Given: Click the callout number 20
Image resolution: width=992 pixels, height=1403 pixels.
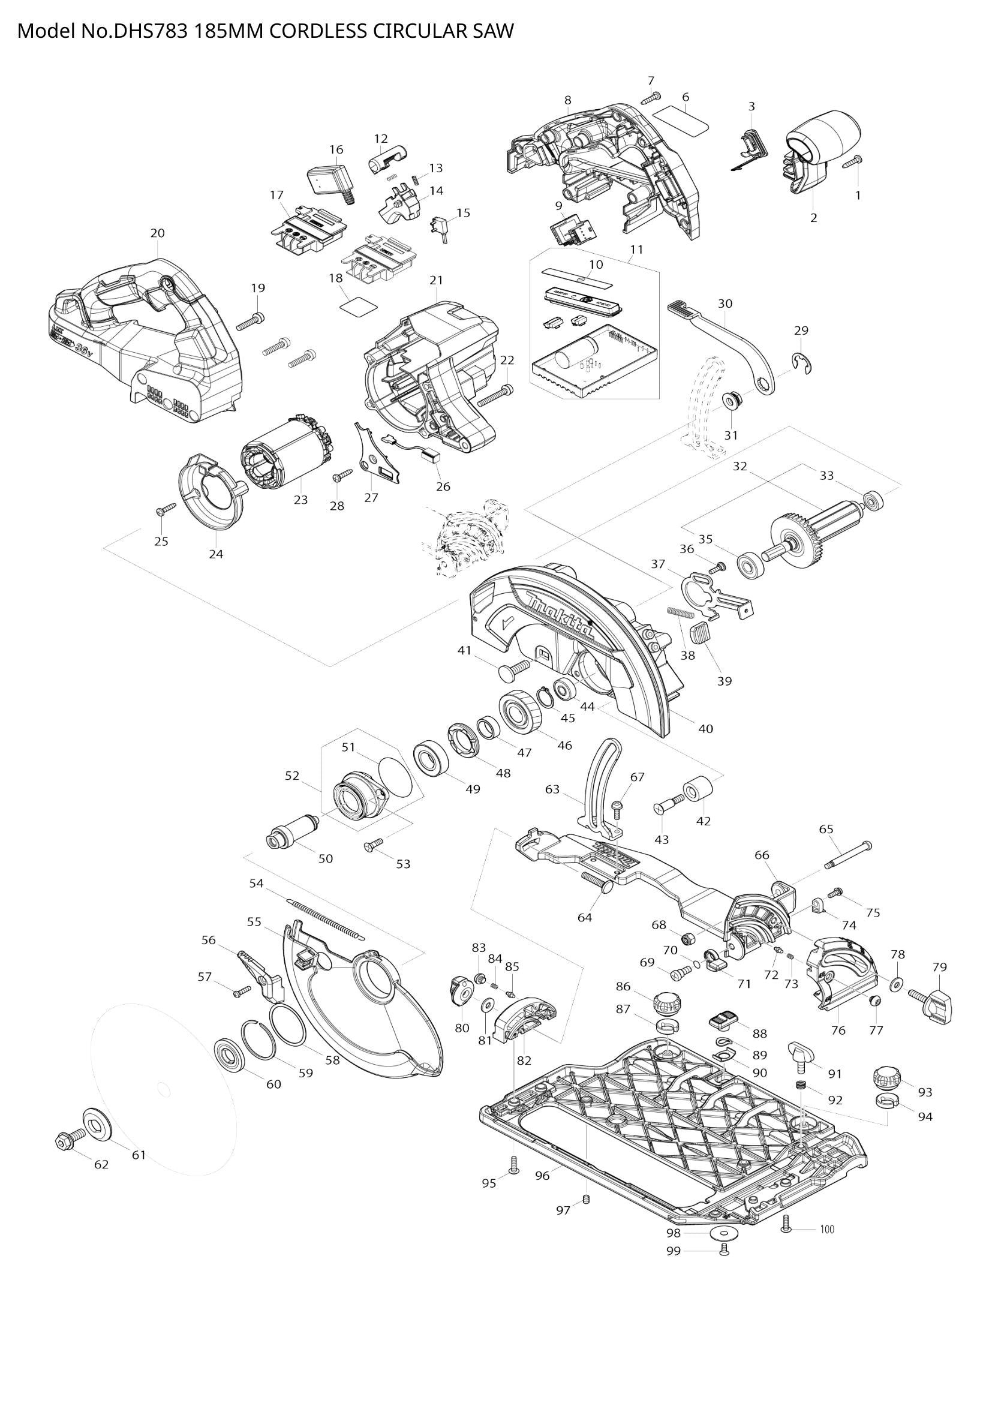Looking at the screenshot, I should click(157, 233).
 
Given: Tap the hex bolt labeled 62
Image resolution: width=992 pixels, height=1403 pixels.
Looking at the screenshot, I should click(65, 1140).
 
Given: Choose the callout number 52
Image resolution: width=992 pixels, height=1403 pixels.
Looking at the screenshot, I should click(292, 776).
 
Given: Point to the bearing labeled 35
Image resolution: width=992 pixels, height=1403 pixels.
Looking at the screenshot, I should click(750, 563).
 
